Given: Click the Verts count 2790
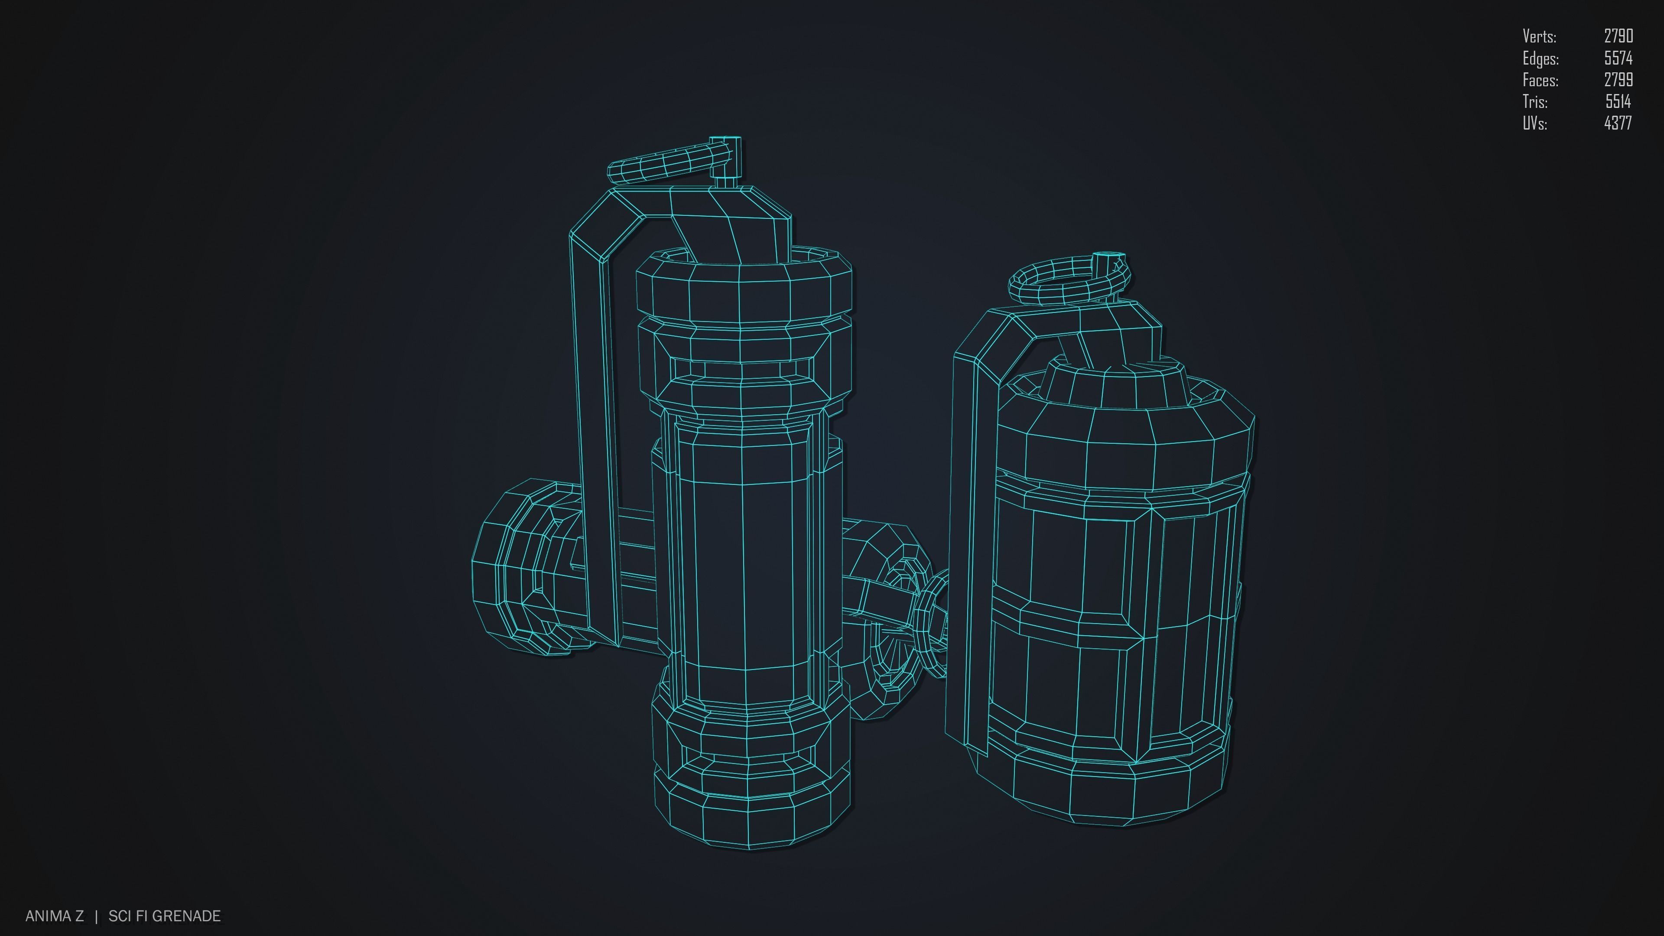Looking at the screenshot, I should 1618,36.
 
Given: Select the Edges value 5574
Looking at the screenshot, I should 1618,58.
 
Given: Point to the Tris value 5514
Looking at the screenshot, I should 1618,101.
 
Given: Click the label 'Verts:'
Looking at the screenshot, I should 1539,36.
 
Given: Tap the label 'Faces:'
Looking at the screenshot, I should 1540,80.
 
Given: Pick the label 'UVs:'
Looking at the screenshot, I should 1535,123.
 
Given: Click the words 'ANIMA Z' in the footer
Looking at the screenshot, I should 54,916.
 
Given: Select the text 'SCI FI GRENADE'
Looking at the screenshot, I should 165,916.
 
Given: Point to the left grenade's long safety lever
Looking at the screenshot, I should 591,420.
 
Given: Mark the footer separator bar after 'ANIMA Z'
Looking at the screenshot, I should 96,916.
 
